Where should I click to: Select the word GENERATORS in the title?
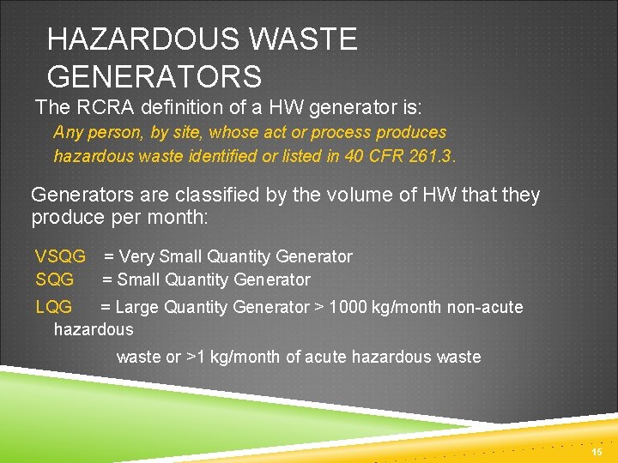pos(154,77)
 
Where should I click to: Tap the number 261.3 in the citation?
pos(432,156)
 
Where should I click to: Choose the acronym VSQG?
pos(60,256)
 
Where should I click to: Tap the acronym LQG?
pos(54,307)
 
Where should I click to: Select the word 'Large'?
pos(137,307)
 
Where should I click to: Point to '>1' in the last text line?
pos(197,357)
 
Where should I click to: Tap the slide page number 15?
pos(597,452)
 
